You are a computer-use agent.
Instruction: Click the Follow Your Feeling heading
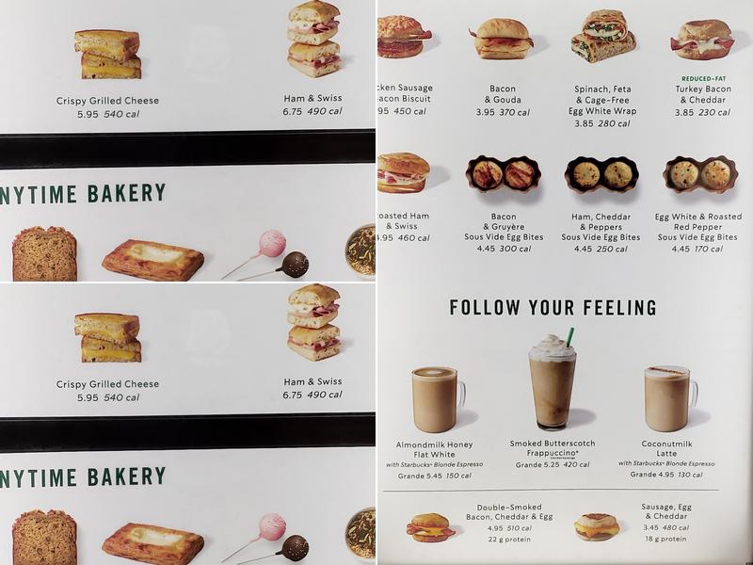(x=553, y=308)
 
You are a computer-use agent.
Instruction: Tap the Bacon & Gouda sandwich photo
(x=504, y=40)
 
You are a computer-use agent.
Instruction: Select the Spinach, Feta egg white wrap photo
(x=602, y=37)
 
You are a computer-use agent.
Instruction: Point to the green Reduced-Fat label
(x=702, y=78)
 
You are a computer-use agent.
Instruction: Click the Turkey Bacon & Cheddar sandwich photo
(x=701, y=40)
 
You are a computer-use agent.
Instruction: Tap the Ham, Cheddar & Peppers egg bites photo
(x=601, y=174)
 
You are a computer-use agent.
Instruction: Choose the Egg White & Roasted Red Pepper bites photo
(x=699, y=174)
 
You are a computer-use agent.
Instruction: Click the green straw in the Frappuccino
(x=569, y=336)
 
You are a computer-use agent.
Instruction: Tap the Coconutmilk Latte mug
(x=667, y=398)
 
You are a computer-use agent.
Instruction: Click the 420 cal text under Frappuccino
(x=577, y=464)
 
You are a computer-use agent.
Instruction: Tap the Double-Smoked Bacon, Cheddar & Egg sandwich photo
(x=430, y=527)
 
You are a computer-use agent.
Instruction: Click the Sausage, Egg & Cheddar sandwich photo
(x=597, y=526)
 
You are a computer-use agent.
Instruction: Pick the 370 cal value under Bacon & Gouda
(x=514, y=112)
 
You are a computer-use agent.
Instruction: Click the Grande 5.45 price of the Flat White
(x=419, y=476)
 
